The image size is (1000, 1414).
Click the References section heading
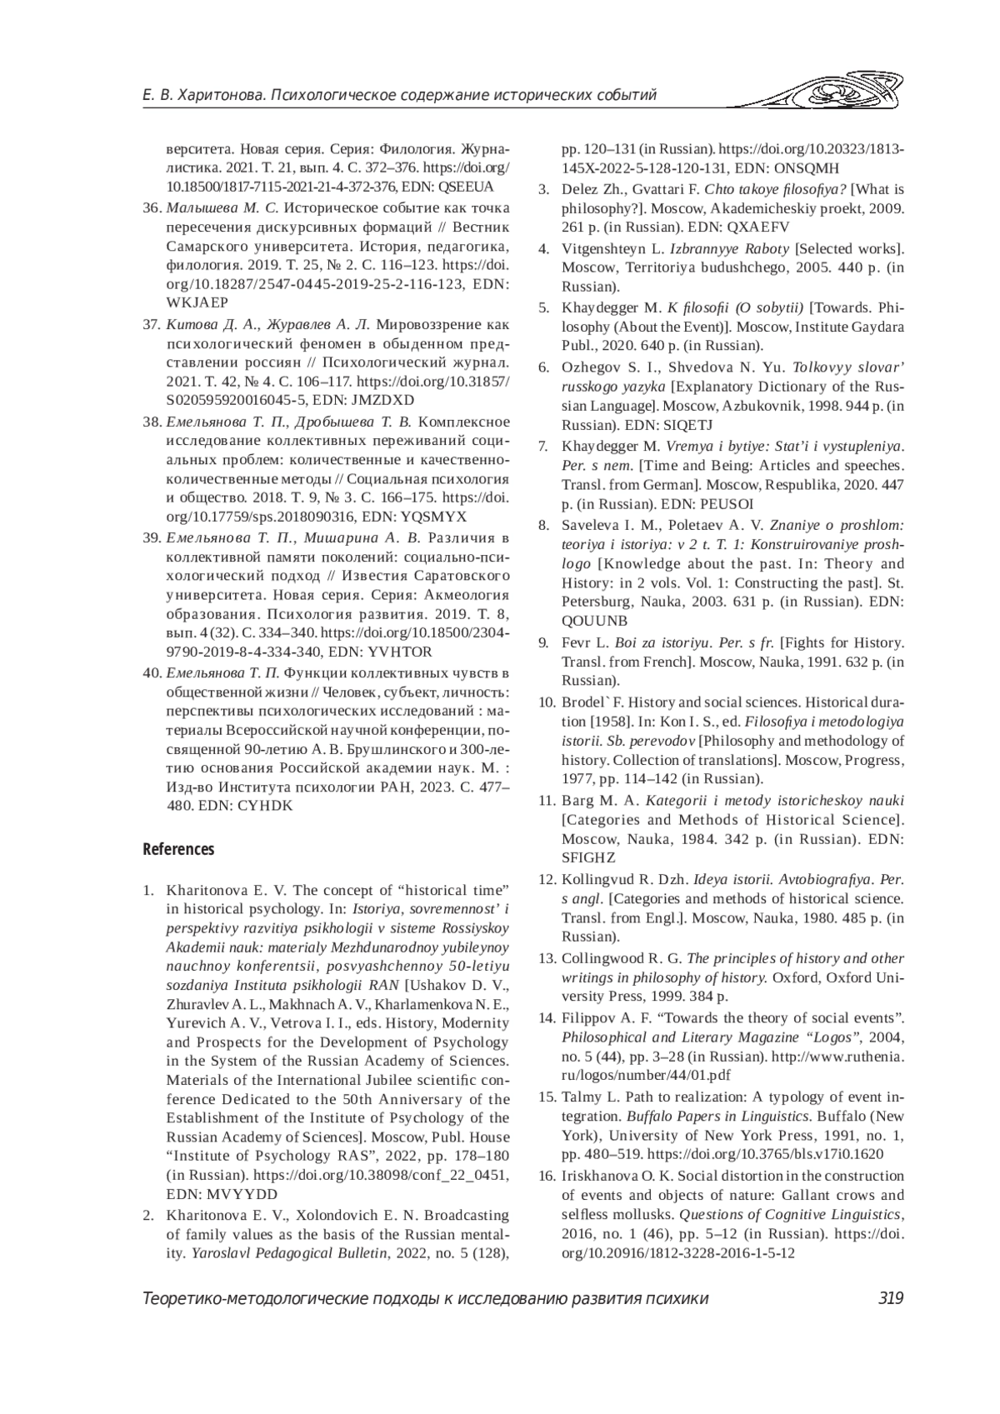click(x=178, y=849)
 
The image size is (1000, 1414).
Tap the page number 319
click(x=891, y=1297)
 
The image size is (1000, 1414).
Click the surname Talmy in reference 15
click(x=582, y=1095)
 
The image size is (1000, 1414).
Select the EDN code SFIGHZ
click(x=588, y=857)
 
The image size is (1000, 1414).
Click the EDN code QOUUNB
click(x=595, y=621)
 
